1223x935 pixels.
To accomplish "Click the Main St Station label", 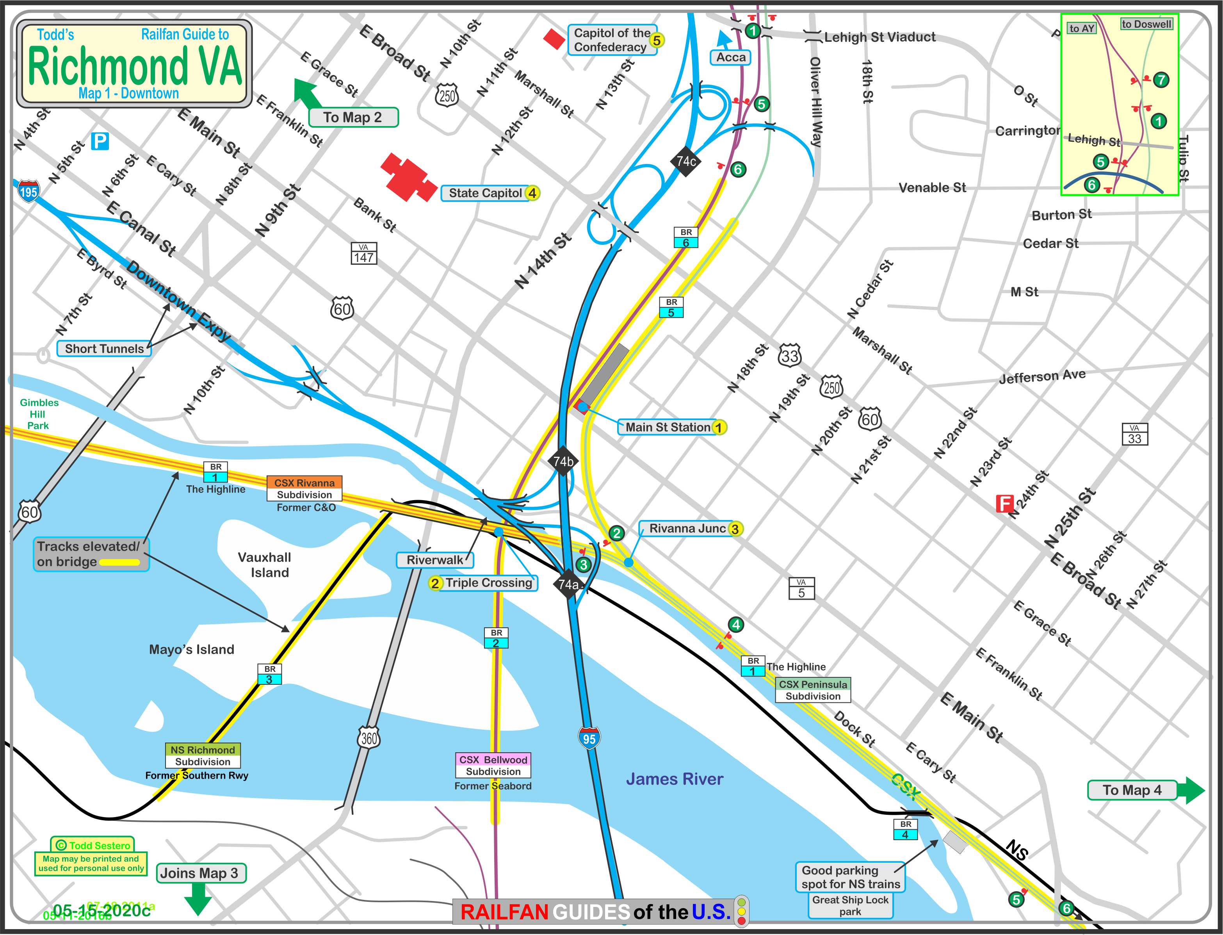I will (668, 427).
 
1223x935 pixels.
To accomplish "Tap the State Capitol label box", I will (486, 193).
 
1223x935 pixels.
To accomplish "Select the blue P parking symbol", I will (100, 141).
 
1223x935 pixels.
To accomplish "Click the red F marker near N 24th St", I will (1004, 504).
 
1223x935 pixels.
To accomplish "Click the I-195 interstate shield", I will (28, 191).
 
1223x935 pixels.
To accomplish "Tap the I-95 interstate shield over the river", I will (589, 738).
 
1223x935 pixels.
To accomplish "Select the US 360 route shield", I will (369, 738).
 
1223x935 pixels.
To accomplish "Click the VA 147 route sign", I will (364, 254).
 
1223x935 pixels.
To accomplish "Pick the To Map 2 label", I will (353, 118).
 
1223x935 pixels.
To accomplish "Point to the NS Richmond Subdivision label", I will (203, 756).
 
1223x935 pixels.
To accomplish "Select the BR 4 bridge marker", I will (905, 829).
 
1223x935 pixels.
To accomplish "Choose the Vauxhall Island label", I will (264, 565).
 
